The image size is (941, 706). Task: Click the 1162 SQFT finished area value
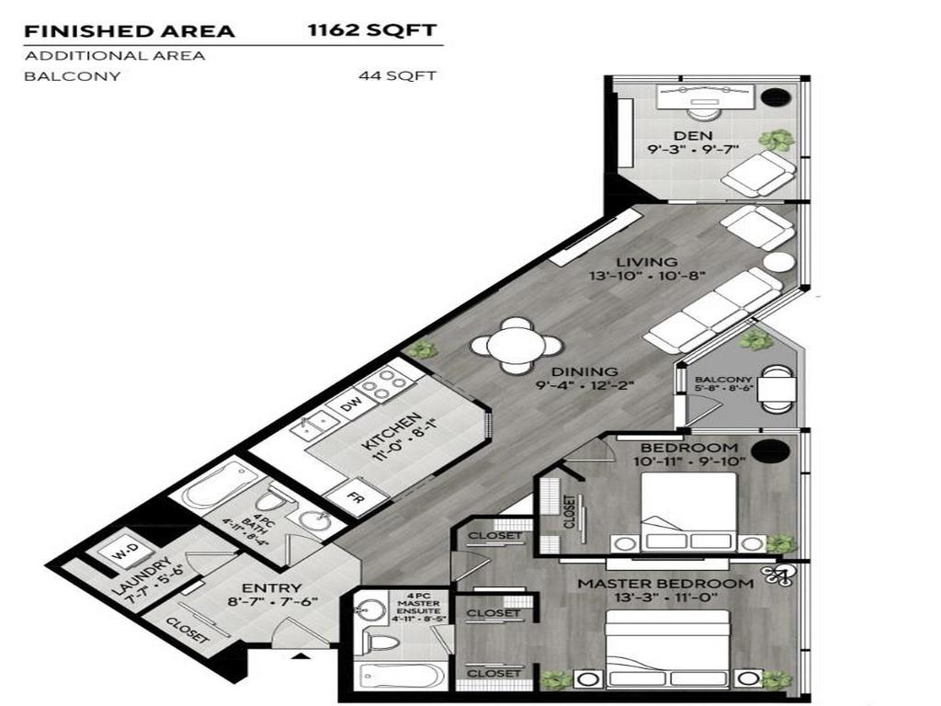371,30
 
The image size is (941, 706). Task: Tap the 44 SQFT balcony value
396,76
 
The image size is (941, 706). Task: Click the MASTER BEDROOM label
664,584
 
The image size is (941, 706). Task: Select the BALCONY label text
723,380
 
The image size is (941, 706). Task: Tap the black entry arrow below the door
299,657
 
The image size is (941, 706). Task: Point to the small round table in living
778,261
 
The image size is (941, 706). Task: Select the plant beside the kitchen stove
421,349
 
